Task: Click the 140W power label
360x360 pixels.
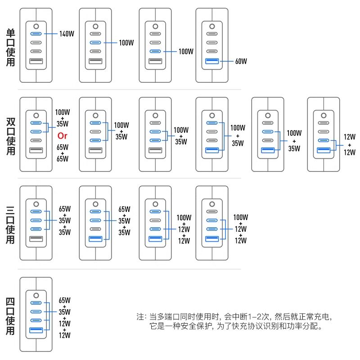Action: coord(66,33)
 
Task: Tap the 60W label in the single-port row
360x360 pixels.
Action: coord(241,61)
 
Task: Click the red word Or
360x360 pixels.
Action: coord(63,135)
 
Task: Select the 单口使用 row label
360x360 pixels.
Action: coord(10,47)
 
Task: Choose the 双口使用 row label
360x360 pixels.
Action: coord(10,136)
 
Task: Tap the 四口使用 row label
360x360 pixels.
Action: coord(10,316)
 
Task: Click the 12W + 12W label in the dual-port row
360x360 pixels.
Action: coord(349,144)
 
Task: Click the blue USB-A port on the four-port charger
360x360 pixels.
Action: coord(36,331)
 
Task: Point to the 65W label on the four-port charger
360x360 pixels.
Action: coord(65,300)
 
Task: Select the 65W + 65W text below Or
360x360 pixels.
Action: coord(63,153)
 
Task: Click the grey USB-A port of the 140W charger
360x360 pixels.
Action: coord(36,61)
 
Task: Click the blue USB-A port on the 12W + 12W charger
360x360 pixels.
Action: coord(323,149)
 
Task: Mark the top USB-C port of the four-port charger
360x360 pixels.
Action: coord(36,302)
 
